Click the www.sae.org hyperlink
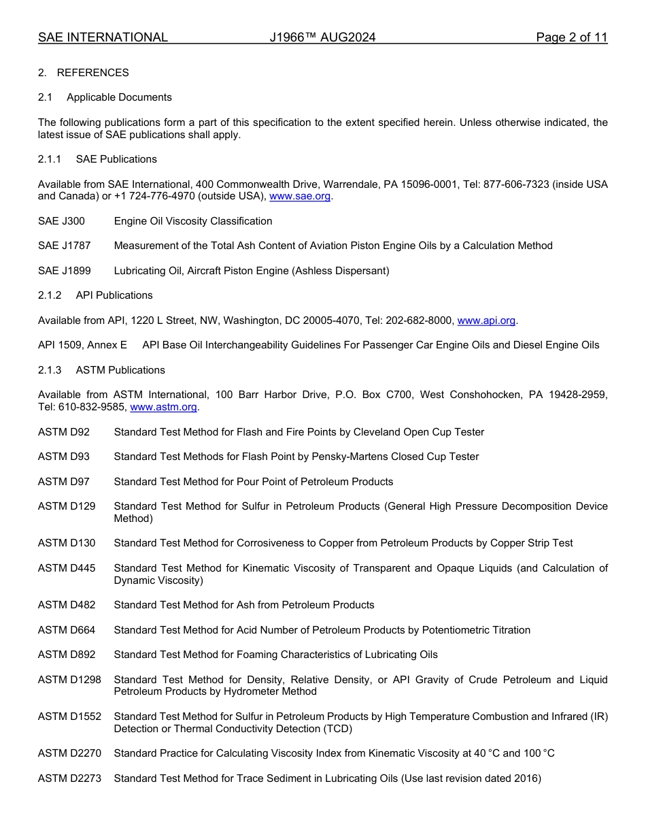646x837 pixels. tap(301, 197)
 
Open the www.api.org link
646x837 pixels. tap(486, 321)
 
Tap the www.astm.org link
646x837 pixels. tap(163, 408)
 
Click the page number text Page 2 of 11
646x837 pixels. tap(571, 37)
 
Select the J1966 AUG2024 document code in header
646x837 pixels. tap(322, 37)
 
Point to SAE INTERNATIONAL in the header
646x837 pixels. tap(103, 37)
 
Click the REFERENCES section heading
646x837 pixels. tap(92, 73)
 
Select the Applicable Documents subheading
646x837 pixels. tap(119, 97)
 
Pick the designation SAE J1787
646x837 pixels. tap(64, 246)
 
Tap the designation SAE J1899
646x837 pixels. tap(64, 271)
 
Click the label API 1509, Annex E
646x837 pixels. tap(82, 345)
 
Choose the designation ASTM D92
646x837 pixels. tap(63, 432)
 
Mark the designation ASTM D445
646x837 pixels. tap(67, 568)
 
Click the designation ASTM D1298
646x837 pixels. tap(69, 680)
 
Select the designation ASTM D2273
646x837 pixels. tap(69, 778)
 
